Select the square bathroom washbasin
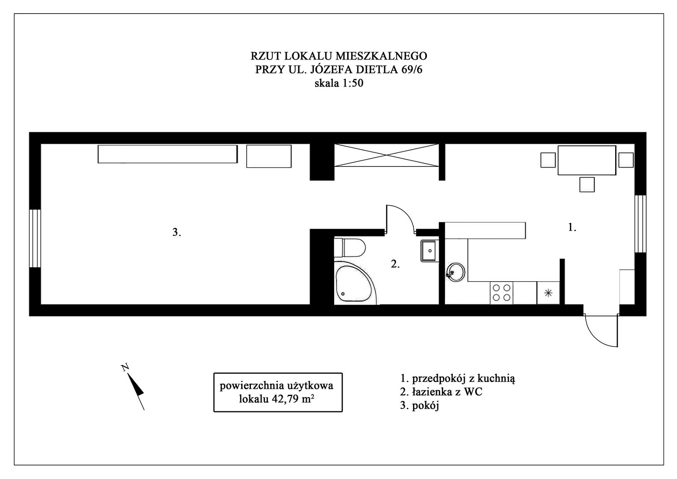pyautogui.click(x=429, y=251)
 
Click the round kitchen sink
pyautogui.click(x=455, y=272)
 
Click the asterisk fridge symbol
pyautogui.click(x=548, y=293)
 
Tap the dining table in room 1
pyautogui.click(x=586, y=160)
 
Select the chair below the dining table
pyautogui.click(x=587, y=185)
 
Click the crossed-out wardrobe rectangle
pyautogui.click(x=386, y=155)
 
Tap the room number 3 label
pyautogui.click(x=176, y=232)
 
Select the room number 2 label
pyautogui.click(x=395, y=264)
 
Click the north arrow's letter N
pyautogui.click(x=125, y=367)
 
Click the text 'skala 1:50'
pyautogui.click(x=339, y=83)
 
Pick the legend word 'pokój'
pyautogui.click(x=425, y=406)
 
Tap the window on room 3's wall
pyautogui.click(x=35, y=238)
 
